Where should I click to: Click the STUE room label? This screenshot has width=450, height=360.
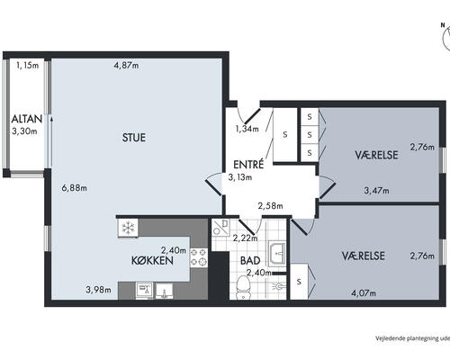134,138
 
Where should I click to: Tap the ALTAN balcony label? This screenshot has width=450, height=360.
27,119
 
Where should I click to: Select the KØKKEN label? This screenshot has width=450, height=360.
152,261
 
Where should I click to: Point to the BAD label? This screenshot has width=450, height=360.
250,260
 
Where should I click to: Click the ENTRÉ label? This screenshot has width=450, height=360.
248,165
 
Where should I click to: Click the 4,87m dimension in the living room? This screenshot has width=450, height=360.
126,65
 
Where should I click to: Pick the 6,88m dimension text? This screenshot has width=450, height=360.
74,188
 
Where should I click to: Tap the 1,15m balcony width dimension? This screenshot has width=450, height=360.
28,65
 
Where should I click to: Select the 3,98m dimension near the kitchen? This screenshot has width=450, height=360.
98,290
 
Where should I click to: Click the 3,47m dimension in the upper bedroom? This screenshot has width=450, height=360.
376,191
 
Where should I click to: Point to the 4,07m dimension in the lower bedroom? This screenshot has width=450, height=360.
364,292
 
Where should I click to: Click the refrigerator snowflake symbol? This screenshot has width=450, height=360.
128,228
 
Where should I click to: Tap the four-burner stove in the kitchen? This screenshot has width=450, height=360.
199,257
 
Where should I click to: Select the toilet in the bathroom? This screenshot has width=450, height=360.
243,287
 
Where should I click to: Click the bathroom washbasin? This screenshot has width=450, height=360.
277,254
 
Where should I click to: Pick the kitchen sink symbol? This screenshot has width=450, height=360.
164,291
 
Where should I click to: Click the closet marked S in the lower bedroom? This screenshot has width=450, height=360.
299,282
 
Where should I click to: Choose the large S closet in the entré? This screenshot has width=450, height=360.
285,135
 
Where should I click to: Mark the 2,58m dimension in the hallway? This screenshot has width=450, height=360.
270,206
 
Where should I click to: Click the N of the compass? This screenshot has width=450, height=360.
443,25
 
